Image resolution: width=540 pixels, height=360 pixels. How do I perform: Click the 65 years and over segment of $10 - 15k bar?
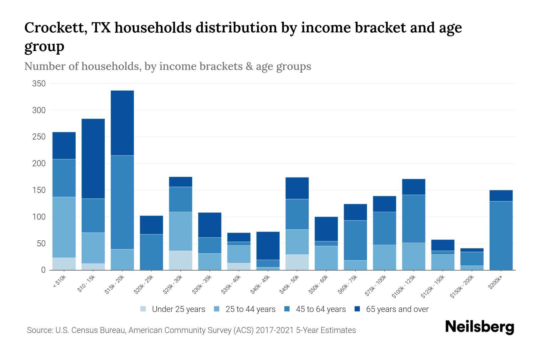click(93, 159)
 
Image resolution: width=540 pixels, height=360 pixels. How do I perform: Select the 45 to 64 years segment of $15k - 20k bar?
click(122, 202)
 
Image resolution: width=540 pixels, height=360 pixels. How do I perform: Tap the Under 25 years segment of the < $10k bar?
click(64, 264)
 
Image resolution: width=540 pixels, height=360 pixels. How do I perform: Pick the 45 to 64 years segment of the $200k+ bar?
click(501, 235)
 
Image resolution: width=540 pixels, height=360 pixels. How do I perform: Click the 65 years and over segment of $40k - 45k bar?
click(268, 246)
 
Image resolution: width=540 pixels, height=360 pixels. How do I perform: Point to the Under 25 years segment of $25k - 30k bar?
click(180, 260)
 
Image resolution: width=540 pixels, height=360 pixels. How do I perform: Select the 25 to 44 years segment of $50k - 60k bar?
click(326, 258)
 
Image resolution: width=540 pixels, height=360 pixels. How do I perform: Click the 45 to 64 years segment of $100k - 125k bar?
click(413, 219)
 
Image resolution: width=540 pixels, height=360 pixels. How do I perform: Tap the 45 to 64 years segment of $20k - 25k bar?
click(151, 252)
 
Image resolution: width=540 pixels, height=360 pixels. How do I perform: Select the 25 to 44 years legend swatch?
click(217, 309)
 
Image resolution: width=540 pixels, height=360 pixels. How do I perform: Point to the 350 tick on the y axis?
click(39, 84)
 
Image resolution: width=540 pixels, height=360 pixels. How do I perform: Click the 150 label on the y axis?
click(39, 190)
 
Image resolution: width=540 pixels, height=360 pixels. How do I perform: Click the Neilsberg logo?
click(479, 327)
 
